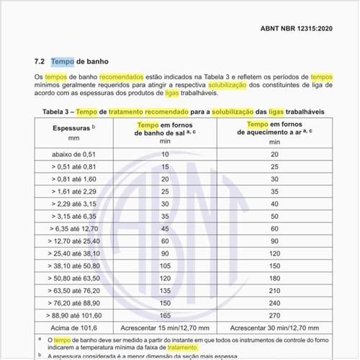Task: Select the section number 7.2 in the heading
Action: [x=40, y=62]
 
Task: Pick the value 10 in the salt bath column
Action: [x=164, y=155]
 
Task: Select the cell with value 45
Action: [x=164, y=228]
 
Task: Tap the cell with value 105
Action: [x=164, y=265]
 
